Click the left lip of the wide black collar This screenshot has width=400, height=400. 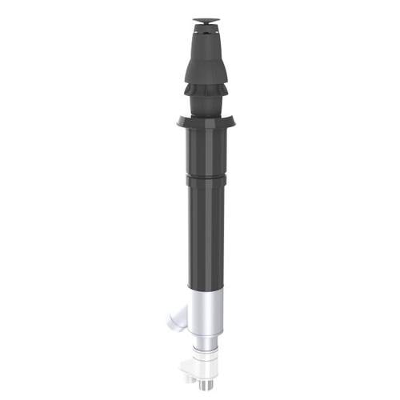point(181,122)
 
